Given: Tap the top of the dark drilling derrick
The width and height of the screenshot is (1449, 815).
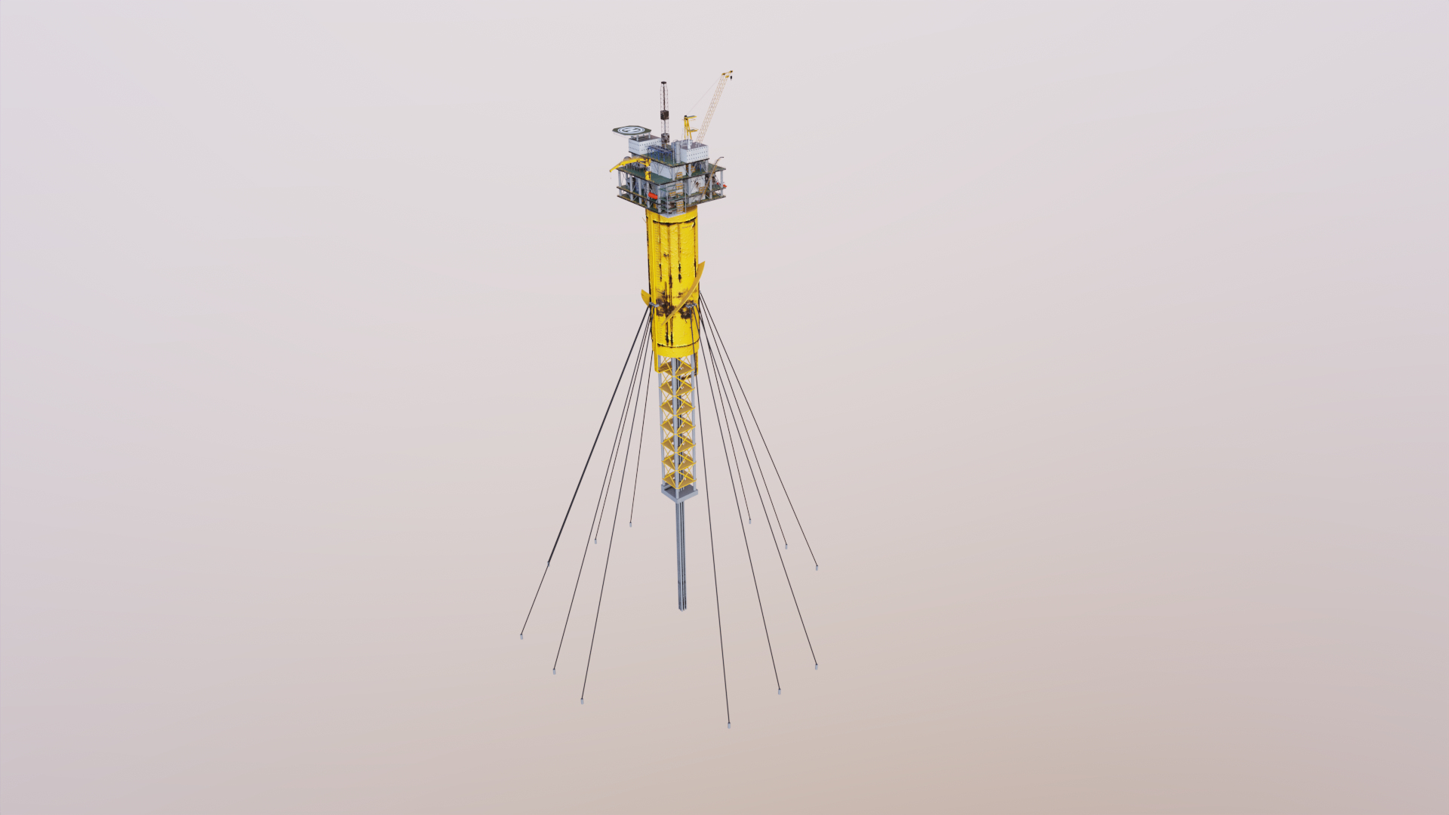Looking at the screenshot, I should tap(663, 83).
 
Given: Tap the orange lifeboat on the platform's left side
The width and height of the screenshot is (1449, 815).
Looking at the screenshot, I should tap(653, 195).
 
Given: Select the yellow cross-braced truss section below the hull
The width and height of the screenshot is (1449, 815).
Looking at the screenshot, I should tap(677, 423).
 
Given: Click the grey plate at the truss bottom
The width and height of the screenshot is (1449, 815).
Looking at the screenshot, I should tap(678, 493).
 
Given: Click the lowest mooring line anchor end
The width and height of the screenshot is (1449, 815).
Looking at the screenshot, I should tap(728, 725).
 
